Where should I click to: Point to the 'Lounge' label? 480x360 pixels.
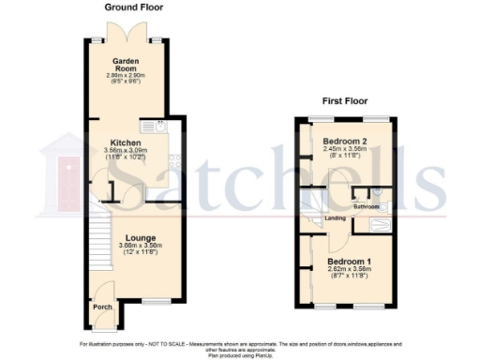(x=140, y=238)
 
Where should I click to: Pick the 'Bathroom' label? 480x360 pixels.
(x=366, y=205)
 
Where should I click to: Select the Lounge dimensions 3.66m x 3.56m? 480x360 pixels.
(x=140, y=246)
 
